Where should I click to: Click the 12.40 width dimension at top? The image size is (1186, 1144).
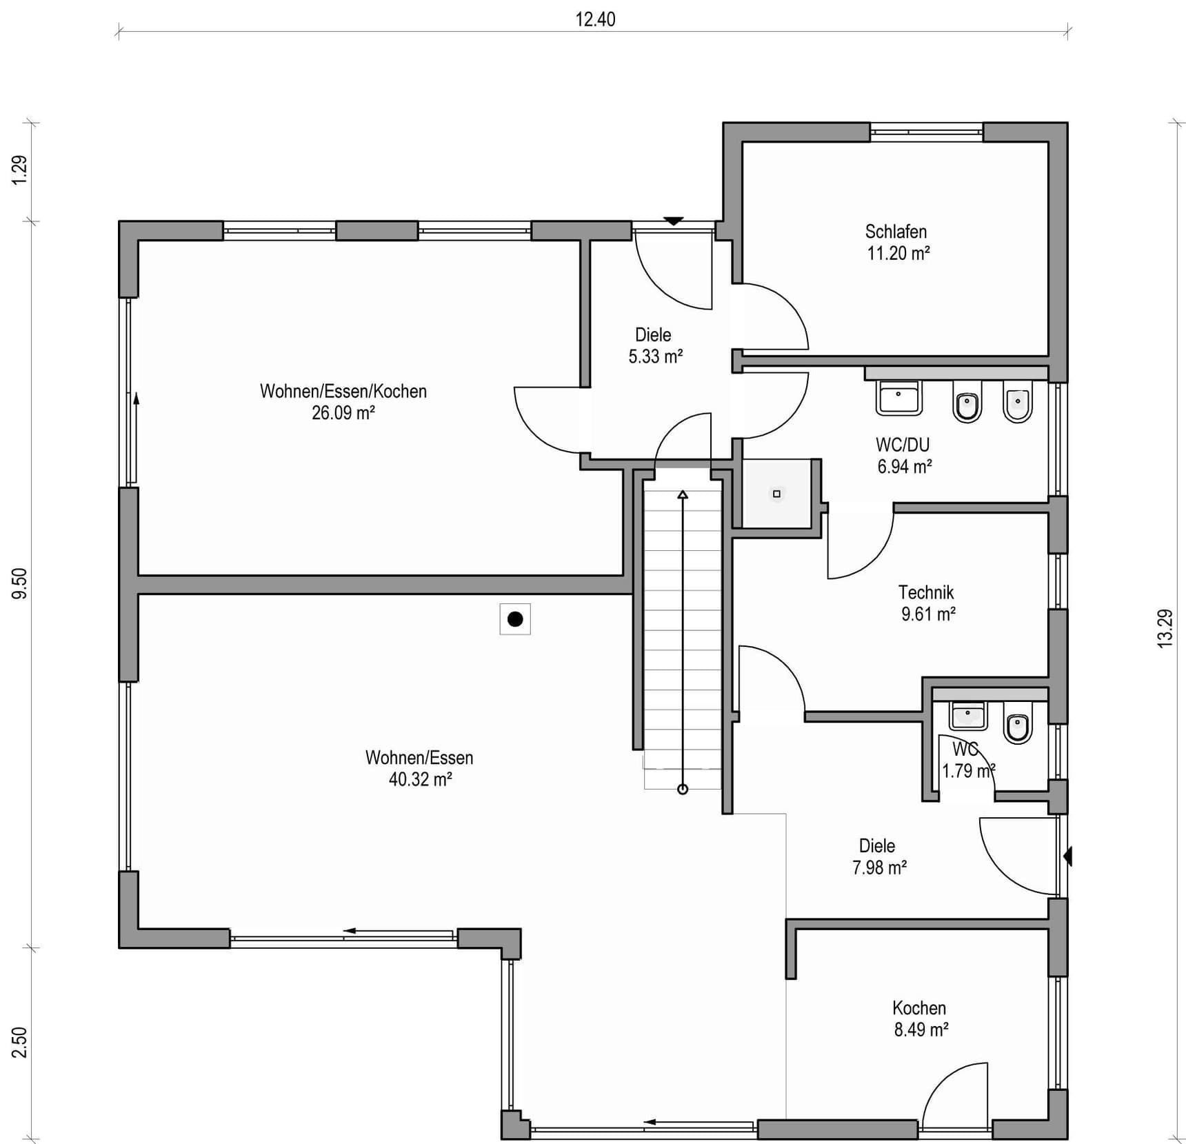[595, 19]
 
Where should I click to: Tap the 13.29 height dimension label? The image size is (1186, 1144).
[1165, 628]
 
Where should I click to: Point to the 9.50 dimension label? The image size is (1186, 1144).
[20, 583]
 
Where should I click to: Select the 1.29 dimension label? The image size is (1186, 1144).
[20, 170]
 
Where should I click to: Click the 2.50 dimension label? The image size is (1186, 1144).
[20, 1042]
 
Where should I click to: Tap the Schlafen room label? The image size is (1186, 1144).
[896, 232]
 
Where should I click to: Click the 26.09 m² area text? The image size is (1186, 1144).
[343, 413]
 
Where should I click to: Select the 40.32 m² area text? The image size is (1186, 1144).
[420, 779]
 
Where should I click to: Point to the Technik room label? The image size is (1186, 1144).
[926, 592]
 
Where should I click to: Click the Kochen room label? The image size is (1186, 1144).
[919, 1008]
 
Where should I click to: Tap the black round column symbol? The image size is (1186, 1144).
[515, 619]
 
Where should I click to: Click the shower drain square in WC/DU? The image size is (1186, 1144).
[776, 494]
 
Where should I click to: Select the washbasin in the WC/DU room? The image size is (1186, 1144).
[898, 397]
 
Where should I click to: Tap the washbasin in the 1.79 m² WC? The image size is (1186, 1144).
[968, 716]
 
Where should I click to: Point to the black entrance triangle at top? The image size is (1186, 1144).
[674, 221]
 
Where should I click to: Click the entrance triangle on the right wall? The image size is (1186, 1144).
[1068, 856]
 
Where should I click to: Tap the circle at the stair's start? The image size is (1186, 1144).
[683, 789]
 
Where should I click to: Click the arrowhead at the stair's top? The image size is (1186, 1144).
[683, 494]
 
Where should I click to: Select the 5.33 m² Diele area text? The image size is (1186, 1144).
[656, 357]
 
